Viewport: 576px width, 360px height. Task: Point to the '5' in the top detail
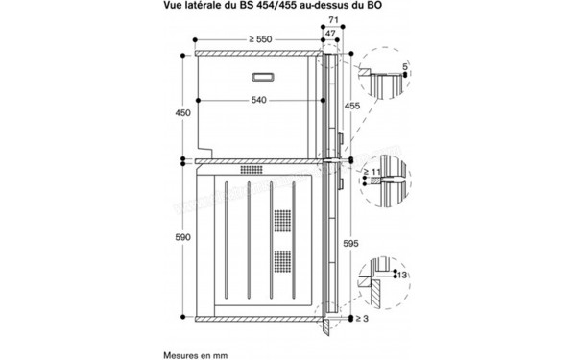point(405,67)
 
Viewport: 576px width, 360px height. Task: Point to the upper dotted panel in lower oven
point(282,220)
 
